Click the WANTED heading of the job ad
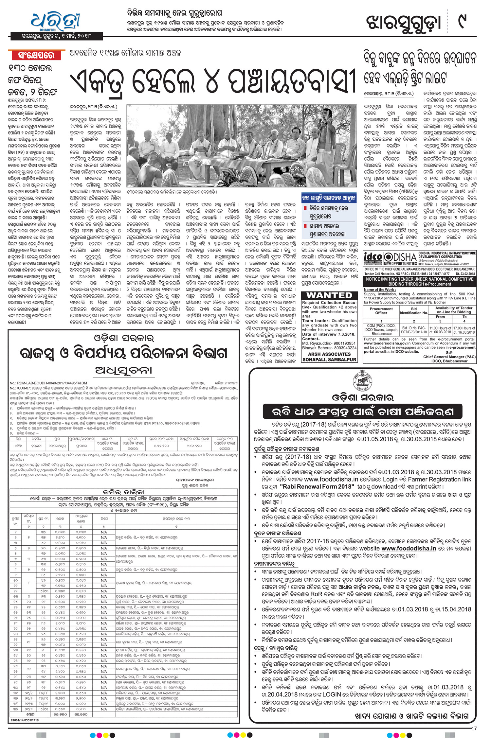pyautogui.click(x=329, y=295)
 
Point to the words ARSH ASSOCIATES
pyautogui.click(x=329, y=354)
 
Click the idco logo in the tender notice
pyautogui.click(x=373, y=257)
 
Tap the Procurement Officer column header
pyautogui.click(x=381, y=311)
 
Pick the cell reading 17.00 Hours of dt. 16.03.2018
pyautogui.click(x=464, y=330)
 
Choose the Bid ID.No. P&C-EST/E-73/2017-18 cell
pyautogui.click(x=414, y=330)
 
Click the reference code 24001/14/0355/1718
pyautogui.click(x=25, y=720)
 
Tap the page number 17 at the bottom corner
pyautogui.click(x=474, y=728)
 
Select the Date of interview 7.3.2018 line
pyautogui.click(x=328, y=334)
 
